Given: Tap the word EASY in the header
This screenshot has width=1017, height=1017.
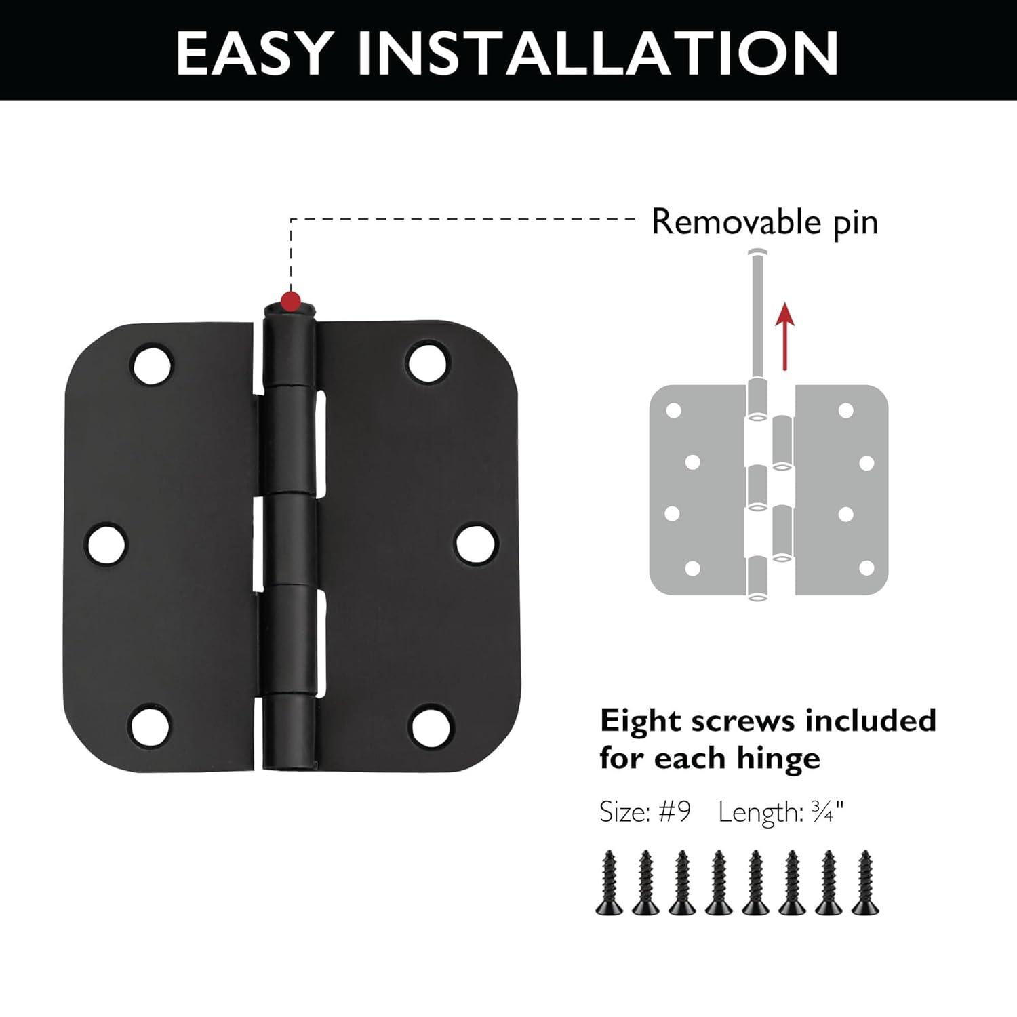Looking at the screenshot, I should tap(254, 52).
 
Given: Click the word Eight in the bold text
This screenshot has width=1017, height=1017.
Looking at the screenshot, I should tap(641, 721).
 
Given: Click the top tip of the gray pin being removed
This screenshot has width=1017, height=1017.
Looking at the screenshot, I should tap(756, 254).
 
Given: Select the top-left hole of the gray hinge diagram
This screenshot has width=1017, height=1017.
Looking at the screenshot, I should tap(673, 410).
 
